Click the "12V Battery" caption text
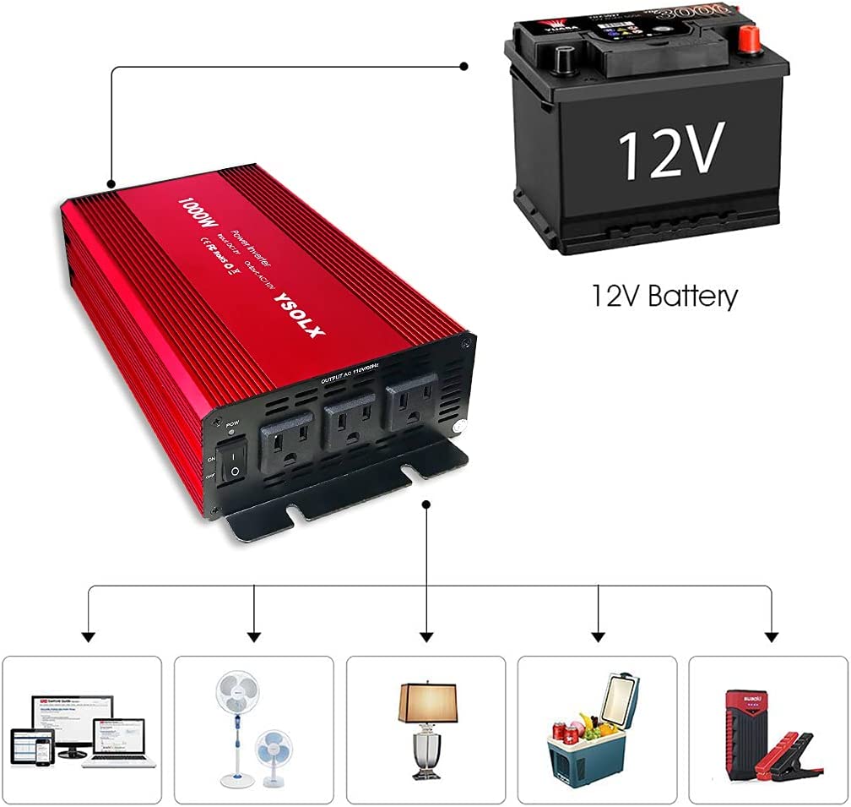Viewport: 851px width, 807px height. point(664,296)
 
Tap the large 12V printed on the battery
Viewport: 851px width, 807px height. point(670,150)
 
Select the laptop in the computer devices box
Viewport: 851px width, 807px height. point(117,744)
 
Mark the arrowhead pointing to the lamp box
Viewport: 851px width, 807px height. point(426,635)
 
